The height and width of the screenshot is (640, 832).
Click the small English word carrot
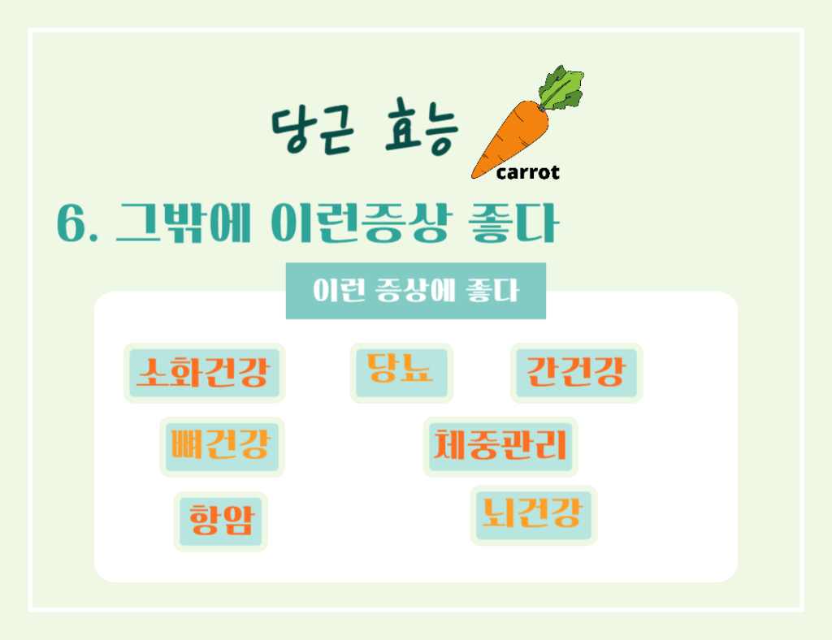coord(527,172)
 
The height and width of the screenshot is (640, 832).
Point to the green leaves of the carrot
coord(562,87)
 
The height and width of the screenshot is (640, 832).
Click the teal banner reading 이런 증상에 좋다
coord(415,291)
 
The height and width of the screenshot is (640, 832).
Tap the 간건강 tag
coord(576,372)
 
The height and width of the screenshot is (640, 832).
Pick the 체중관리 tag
coord(500,446)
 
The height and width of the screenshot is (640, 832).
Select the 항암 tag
coord(220,521)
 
